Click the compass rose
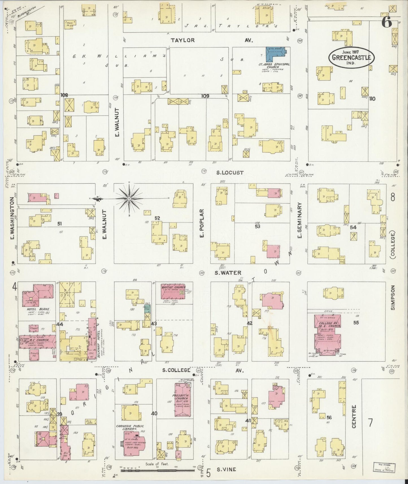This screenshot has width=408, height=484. point(129,199)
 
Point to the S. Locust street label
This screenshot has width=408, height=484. point(230,173)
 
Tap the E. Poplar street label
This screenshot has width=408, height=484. point(202,223)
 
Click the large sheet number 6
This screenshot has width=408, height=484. point(387,22)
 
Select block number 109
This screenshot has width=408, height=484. point(205,96)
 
